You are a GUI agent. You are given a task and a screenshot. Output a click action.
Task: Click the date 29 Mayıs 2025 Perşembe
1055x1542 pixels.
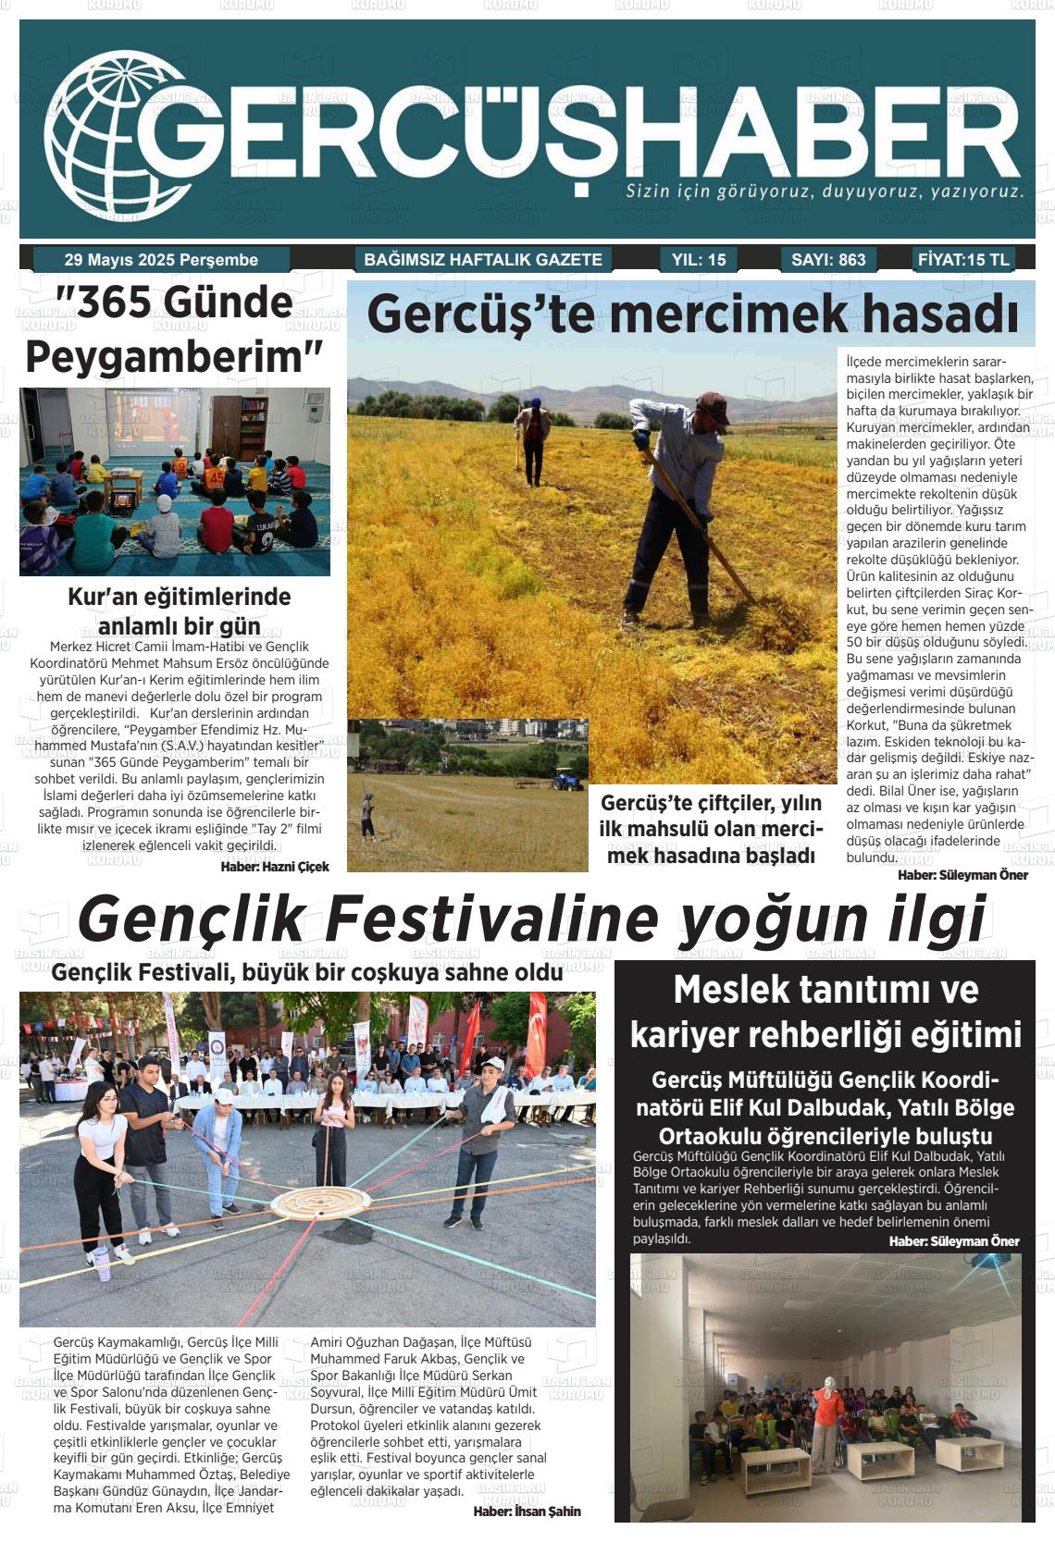click(x=161, y=260)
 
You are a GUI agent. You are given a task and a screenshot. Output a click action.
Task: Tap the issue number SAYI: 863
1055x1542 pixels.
click(x=828, y=260)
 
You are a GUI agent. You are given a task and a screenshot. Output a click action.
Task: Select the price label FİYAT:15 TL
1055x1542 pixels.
click(x=963, y=260)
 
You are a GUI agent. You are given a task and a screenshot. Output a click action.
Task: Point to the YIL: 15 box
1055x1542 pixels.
click(x=698, y=260)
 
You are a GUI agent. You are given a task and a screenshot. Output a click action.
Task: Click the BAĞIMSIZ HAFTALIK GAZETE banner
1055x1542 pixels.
click(x=483, y=260)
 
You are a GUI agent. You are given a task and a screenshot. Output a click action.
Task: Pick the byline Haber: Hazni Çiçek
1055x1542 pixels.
click(x=275, y=867)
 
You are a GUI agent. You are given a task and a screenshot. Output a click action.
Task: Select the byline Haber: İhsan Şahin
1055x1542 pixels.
click(x=527, y=1511)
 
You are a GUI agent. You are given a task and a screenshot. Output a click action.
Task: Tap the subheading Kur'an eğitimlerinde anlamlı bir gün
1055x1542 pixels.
click(x=180, y=611)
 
